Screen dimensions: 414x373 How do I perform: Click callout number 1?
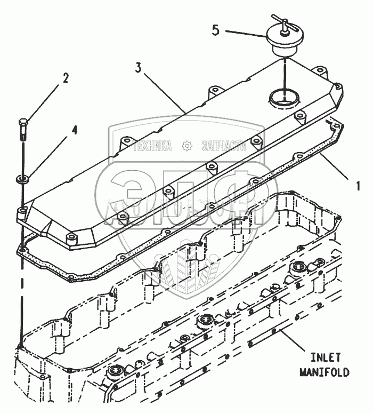pyautogui.click(x=358, y=186)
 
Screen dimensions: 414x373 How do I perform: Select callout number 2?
pyautogui.click(x=66, y=78)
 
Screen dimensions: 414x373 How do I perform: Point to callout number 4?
pyautogui.click(x=75, y=130)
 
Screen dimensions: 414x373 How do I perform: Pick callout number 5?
pyautogui.click(x=215, y=29)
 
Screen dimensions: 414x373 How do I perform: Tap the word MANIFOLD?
pyautogui.click(x=324, y=372)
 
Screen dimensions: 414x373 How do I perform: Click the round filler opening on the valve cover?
pyautogui.click(x=285, y=98)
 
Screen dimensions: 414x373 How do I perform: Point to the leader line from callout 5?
pyautogui.click(x=245, y=33)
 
